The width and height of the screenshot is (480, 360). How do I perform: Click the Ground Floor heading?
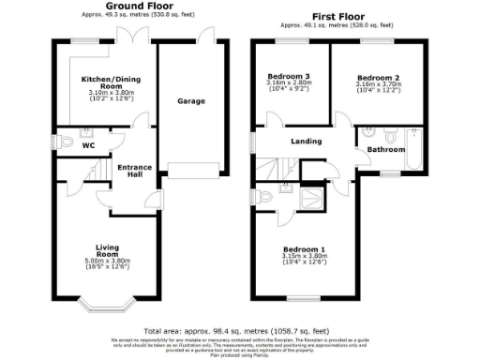134,6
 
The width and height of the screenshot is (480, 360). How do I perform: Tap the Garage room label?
191,101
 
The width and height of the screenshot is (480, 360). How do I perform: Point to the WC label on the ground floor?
88,146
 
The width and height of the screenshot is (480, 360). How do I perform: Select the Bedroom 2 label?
379,76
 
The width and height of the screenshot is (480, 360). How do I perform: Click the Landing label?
307,142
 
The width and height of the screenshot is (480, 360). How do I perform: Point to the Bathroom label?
385,150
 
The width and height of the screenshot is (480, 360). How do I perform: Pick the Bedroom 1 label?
304,249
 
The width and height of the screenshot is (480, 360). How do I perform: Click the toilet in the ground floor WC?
67,142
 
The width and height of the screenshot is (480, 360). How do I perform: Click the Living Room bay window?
108,303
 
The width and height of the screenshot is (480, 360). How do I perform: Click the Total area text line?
239,331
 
